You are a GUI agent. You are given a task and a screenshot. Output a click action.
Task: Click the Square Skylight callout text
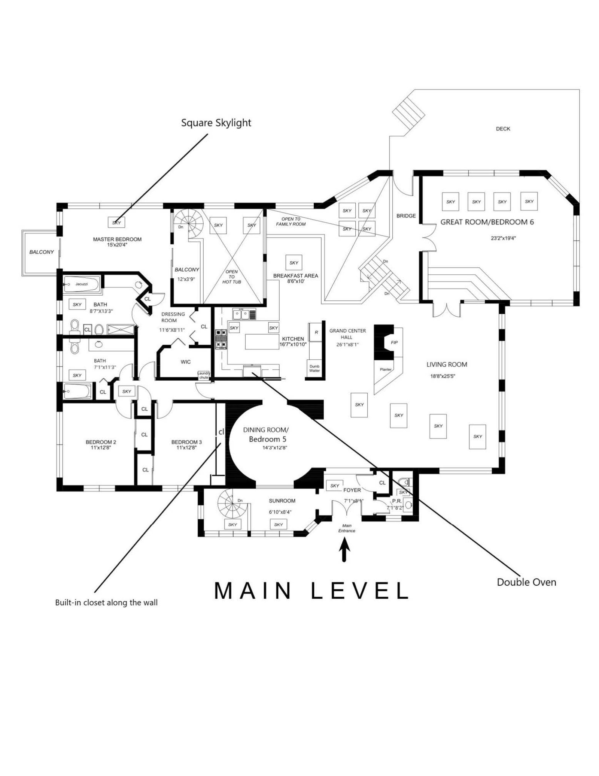click(216, 123)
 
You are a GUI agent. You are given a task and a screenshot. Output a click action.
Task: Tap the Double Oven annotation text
click(526, 582)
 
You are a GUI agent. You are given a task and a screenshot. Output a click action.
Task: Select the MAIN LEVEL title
click(311, 591)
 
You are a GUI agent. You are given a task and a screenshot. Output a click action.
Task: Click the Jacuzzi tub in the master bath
click(81, 284)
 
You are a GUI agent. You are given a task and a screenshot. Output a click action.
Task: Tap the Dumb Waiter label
click(314, 368)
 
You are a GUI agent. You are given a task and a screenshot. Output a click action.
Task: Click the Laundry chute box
click(204, 375)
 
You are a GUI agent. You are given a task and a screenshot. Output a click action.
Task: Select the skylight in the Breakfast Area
click(294, 263)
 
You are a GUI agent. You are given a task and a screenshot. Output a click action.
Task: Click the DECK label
click(503, 129)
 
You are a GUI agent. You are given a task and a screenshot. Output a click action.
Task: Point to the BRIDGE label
click(406, 216)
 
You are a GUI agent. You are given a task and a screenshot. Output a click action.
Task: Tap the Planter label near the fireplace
click(386, 369)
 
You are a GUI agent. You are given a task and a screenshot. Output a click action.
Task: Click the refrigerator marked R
click(316, 332)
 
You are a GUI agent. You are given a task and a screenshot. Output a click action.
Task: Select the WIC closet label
click(186, 362)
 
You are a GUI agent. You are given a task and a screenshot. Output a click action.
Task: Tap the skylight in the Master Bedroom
click(116, 223)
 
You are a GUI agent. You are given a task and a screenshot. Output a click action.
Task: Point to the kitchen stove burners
click(221, 338)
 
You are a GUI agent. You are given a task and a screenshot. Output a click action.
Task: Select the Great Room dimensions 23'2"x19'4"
click(503, 238)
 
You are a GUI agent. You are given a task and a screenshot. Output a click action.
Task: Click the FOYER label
click(352, 490)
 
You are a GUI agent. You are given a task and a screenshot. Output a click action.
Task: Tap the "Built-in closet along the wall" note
click(106, 603)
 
